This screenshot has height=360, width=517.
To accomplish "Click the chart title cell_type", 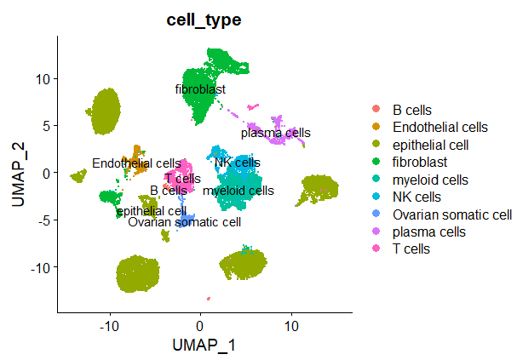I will coord(204,20).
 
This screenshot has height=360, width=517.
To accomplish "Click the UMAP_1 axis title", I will coord(204,346).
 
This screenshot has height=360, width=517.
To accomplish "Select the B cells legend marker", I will coord(376,110).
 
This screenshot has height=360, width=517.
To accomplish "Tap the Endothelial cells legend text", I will coord(440,127).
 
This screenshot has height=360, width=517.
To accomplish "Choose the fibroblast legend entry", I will coord(419,162).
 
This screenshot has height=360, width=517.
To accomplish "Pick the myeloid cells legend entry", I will coord(430,180).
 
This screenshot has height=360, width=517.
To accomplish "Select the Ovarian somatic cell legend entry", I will coord(451,214).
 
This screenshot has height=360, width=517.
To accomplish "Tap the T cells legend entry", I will coord(411,249).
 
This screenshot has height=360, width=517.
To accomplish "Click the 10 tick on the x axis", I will coord(290,325).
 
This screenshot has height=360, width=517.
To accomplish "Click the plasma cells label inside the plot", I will coord(275,133).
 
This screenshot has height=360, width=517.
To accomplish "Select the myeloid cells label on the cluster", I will coord(238,191).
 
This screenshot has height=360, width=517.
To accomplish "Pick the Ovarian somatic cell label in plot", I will coord(184,222).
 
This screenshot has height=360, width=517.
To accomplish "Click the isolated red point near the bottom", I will coord(208,298).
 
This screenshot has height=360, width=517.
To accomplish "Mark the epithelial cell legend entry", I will coord(430,145).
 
